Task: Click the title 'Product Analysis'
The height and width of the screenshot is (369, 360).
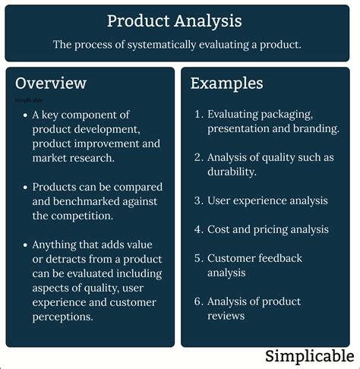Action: pos(175,21)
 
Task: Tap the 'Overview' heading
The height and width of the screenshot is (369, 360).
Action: pos(51,83)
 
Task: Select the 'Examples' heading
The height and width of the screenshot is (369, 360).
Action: pos(227,84)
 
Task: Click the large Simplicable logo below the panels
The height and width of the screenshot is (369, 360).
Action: pos(310,356)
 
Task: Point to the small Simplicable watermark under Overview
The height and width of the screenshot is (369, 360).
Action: pos(29,100)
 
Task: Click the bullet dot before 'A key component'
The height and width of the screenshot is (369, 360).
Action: pos(25,115)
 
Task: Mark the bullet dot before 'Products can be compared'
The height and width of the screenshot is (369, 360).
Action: pos(25,188)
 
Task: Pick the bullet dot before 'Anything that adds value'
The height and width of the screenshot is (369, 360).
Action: pos(25,245)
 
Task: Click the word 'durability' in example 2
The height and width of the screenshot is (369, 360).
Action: pos(230,172)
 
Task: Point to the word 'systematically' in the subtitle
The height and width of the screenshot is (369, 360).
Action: pos(162,45)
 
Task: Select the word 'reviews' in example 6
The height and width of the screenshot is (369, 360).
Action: pos(226,316)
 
